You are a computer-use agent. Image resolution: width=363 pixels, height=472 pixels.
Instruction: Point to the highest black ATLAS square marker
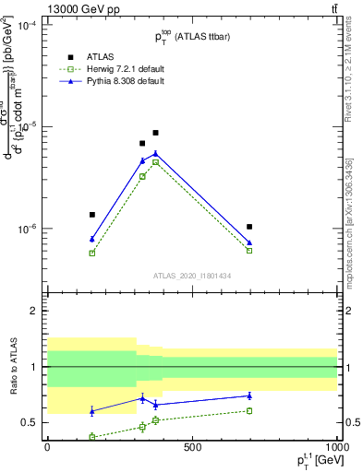pyautogui.click(x=155, y=133)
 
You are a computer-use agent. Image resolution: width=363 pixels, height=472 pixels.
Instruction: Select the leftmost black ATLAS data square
pyautogui.click(x=91, y=215)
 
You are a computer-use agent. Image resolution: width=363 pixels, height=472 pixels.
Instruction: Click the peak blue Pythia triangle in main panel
pyautogui.click(x=155, y=153)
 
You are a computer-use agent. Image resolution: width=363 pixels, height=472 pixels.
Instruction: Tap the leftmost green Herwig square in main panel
pyautogui.click(x=91, y=253)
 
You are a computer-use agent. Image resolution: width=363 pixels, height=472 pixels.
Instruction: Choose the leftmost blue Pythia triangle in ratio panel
pyautogui.click(x=91, y=410)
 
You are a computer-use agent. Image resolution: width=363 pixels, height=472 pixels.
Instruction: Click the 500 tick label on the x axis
pyautogui.click(x=192, y=446)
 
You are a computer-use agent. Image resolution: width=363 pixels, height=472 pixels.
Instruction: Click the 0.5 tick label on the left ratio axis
pyautogui.click(x=30, y=423)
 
